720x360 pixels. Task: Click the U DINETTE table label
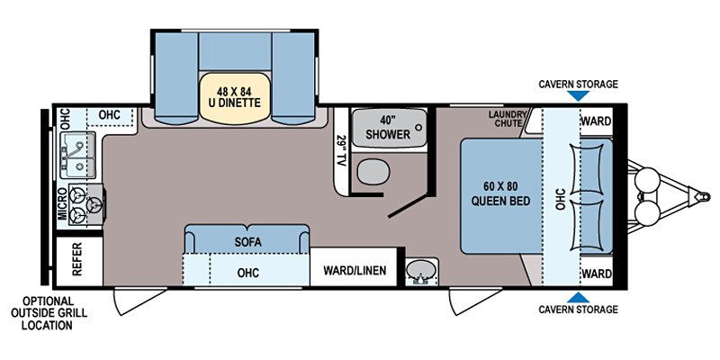click(234, 102)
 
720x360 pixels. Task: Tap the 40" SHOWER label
click(388, 127)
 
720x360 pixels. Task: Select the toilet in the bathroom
click(373, 172)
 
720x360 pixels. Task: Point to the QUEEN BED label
click(500, 201)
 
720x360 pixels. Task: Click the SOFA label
click(248, 242)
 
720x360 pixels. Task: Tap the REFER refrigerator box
click(77, 259)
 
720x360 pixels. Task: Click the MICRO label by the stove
click(62, 203)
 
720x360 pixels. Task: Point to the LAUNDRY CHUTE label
click(507, 119)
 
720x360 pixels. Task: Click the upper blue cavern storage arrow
click(578, 95)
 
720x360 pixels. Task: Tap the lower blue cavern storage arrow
click(578, 297)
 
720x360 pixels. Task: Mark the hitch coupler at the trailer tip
click(702, 196)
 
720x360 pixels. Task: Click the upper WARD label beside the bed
click(597, 121)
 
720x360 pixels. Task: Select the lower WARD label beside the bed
click(597, 274)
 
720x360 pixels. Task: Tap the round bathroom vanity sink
click(420, 271)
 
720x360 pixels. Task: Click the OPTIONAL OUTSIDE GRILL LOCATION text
click(49, 313)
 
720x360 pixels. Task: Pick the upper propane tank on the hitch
click(647, 177)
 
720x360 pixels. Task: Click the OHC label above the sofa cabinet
click(248, 273)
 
